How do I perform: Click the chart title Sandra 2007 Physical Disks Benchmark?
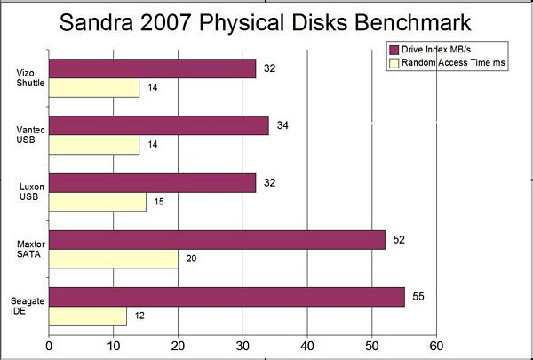(266, 21)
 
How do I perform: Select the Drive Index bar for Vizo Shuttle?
(152, 68)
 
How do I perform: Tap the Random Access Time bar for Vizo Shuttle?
(93, 88)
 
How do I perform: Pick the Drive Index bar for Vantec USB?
(158, 126)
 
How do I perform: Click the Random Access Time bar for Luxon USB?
(97, 202)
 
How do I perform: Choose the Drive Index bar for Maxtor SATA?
(217, 240)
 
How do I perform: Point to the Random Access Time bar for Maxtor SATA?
(113, 260)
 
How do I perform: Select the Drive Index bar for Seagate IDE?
(227, 297)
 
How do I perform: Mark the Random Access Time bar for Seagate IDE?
(87, 316)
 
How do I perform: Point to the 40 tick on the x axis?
(307, 346)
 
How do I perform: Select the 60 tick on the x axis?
(435, 346)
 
